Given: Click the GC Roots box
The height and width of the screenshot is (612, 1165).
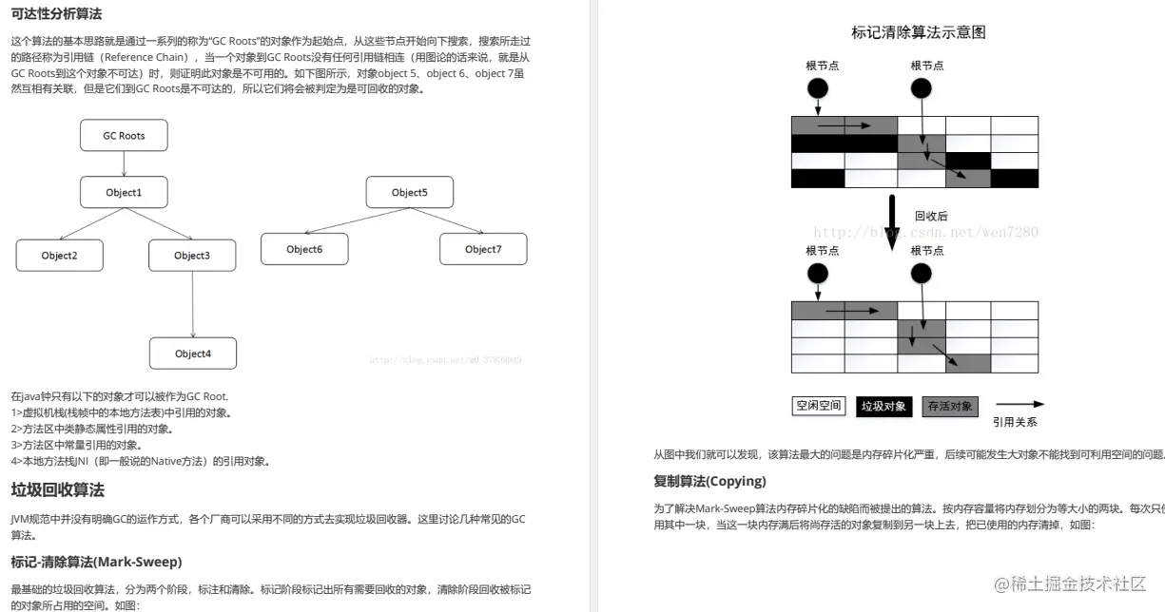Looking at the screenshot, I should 124,136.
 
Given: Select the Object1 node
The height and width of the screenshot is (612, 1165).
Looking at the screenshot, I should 124,193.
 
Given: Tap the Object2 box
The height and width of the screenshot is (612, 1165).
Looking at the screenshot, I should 59,255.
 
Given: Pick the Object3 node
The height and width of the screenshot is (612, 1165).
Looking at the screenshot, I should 192,255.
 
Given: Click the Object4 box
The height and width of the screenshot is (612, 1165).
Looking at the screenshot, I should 192,354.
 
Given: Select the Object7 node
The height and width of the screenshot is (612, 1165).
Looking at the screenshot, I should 483,249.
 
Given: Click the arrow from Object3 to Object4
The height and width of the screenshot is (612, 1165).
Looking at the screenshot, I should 193,304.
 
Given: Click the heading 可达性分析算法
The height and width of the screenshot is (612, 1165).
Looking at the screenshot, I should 56,13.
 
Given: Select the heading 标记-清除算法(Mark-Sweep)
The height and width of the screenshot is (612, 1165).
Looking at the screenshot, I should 96,562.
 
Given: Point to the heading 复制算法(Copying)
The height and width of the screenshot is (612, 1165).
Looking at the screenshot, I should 709,481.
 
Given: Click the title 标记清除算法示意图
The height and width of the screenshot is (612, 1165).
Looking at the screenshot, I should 918,32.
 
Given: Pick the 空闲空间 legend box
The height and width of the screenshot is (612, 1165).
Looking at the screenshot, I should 818,406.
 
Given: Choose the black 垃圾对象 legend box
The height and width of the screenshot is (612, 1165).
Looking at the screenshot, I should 884,406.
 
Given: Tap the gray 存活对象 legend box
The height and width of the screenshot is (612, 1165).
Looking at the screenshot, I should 950,406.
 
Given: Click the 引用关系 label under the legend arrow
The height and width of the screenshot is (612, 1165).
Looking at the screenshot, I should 1015,422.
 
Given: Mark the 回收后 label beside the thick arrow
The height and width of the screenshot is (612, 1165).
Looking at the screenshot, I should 931,216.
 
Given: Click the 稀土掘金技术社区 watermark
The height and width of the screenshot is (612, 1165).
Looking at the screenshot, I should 1070,583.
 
